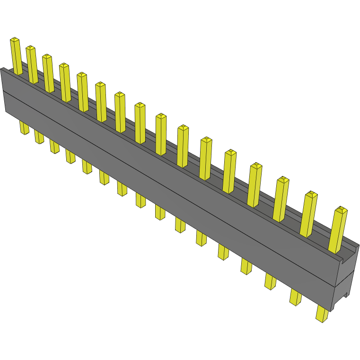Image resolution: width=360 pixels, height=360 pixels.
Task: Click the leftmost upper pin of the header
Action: point(16,56)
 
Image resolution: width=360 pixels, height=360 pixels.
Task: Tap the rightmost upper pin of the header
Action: point(337,230)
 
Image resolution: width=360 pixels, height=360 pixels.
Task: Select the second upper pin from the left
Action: point(32,65)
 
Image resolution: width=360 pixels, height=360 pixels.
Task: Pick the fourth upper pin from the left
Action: point(65,83)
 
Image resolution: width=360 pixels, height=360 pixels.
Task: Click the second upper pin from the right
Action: point(308,214)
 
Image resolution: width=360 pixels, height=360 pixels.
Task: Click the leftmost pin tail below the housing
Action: point(24,127)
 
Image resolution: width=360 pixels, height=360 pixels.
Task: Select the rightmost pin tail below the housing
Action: point(322,314)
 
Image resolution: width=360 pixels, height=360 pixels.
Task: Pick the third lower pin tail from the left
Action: point(54,146)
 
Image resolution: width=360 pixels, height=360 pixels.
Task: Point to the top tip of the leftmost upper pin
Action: point(15,39)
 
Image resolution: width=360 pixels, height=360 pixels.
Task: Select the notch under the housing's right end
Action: point(342,297)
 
